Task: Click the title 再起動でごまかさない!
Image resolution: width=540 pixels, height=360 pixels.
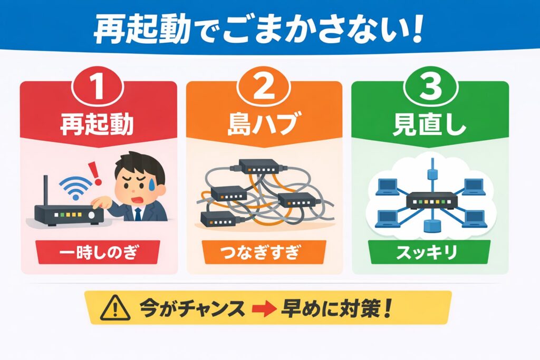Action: tap(258, 31)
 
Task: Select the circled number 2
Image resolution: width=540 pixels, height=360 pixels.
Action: tap(264, 89)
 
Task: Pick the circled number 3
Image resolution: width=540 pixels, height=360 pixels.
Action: tap(430, 89)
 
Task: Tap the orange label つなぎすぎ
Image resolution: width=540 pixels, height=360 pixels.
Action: tap(264, 252)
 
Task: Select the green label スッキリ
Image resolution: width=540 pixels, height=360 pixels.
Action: tap(430, 252)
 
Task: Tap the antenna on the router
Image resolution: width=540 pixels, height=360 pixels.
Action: tap(46, 191)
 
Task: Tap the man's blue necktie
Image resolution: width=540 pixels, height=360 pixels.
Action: tap(138, 213)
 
